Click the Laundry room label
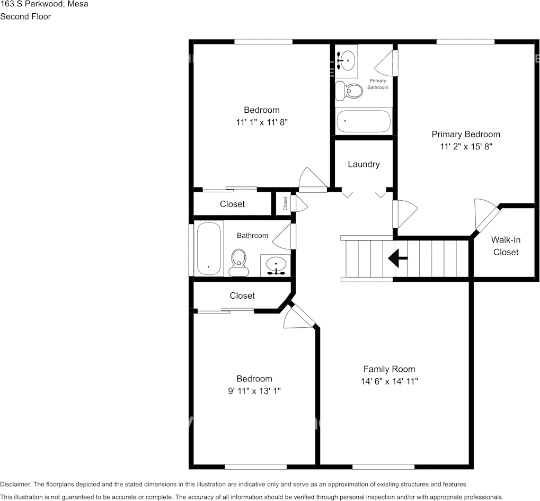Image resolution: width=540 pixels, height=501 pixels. [364, 164]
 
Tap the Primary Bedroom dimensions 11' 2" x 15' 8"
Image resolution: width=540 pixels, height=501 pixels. [466, 147]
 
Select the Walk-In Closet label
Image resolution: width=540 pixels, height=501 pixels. [506, 246]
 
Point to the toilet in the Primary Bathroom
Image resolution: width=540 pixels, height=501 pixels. [349, 92]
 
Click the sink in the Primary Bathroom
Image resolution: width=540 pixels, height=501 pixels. [347, 59]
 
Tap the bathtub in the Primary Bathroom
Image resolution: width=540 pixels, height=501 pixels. [364, 121]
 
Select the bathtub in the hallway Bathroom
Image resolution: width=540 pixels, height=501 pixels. [208, 248]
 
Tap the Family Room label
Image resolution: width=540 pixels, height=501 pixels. [389, 369]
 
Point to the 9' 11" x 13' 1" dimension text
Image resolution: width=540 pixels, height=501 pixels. [254, 391]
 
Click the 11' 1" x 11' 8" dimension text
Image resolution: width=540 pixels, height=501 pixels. [261, 122]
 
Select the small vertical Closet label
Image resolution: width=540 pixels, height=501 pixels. [285, 203]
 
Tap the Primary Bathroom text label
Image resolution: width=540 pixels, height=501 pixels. [378, 84]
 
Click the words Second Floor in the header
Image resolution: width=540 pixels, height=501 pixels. [25, 16]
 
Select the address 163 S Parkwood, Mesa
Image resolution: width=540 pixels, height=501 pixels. [44, 4]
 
